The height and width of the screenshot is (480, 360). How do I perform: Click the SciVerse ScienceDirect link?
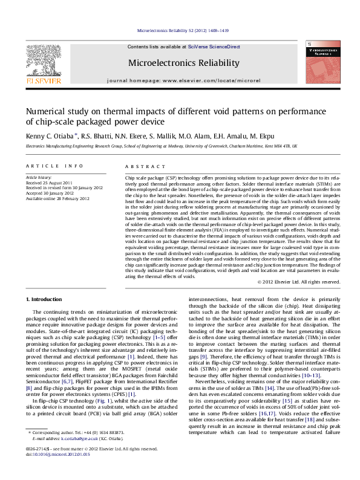coord(214,47)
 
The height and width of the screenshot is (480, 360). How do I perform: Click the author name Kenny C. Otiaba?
coord(50,137)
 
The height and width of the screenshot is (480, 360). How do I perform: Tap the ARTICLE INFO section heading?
coord(54,165)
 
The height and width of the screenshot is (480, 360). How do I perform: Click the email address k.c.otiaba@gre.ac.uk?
coord(76,455)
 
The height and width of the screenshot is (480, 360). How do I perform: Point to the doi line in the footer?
coord(54,470)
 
